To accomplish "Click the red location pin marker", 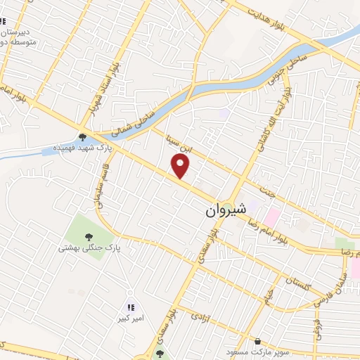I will [x=181, y=167].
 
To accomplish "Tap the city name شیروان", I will [x=226, y=210].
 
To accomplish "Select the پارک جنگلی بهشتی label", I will [x=89, y=248].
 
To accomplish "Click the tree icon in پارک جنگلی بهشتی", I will [x=89, y=237].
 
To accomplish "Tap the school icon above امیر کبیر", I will [x=130, y=307].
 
